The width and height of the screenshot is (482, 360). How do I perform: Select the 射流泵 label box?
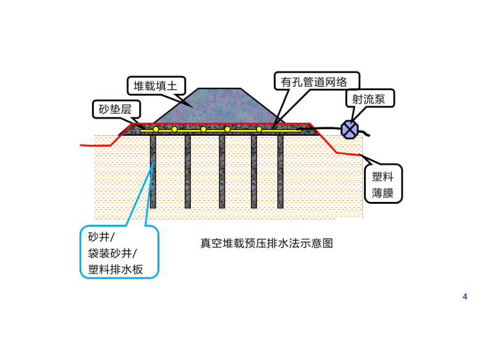pos(369,98)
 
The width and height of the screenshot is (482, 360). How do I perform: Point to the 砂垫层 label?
pos(116,110)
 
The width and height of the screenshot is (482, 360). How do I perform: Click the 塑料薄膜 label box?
pos(383,183)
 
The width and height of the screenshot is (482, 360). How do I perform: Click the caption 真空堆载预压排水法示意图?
pos(267,243)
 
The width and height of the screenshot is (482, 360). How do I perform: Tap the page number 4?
pos(465,296)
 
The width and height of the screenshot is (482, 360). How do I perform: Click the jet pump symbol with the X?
pos(350,128)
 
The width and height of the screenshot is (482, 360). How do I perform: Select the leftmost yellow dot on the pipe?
pos(156,129)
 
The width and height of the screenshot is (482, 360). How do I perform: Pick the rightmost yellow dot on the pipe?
pos(260,129)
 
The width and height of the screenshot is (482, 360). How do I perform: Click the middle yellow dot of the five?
pos(203,129)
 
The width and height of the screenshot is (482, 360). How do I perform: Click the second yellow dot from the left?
pos(175,129)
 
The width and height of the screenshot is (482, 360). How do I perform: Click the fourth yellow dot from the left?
pos(227,129)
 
